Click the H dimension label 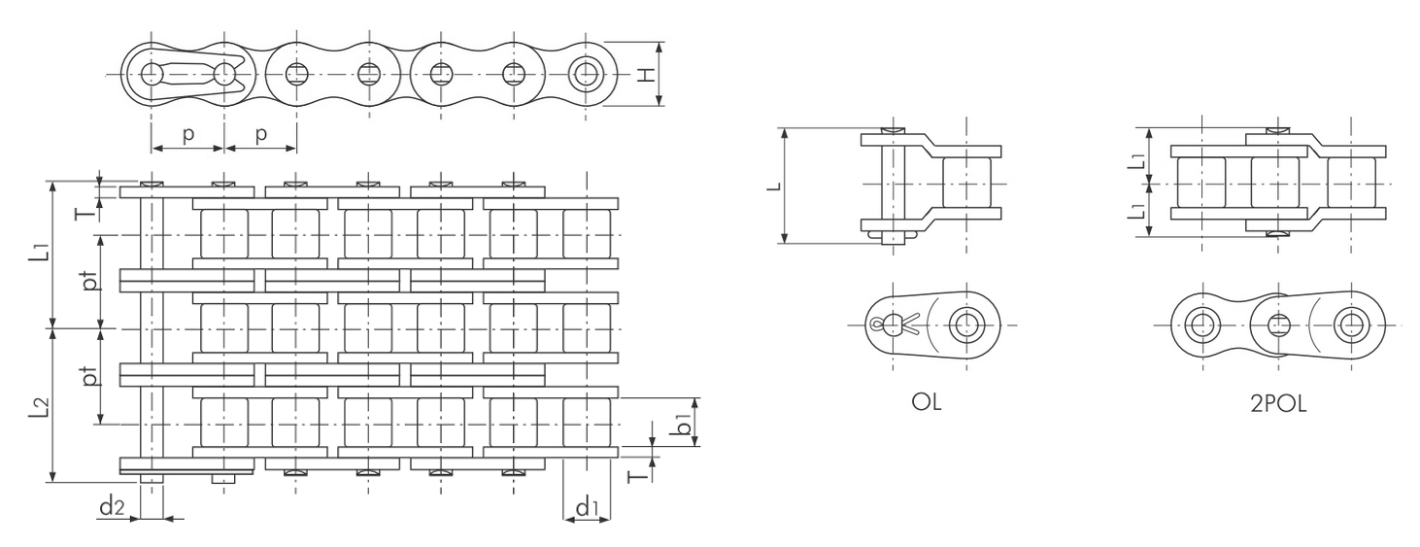(645, 75)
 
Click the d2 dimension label (112, 506)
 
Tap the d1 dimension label (588, 506)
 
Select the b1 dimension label (682, 424)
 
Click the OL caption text (927, 401)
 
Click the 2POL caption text (1278, 404)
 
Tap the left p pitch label (188, 134)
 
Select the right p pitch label (260, 134)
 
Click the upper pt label (92, 281)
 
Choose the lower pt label (92, 376)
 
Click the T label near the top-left (86, 212)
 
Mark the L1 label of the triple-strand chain (40, 249)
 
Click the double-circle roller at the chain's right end (586, 75)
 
